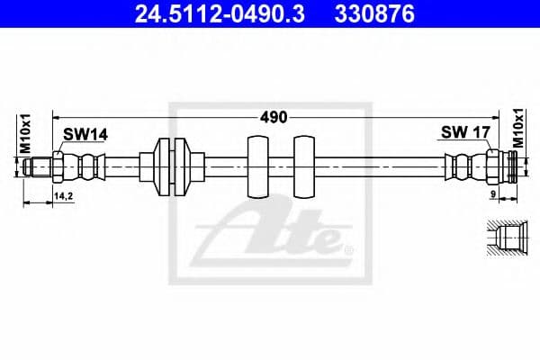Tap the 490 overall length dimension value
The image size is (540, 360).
click(274, 117)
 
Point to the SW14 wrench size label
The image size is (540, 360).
click(85, 134)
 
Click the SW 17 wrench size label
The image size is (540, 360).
click(464, 132)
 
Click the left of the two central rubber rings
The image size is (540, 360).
click(256, 166)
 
